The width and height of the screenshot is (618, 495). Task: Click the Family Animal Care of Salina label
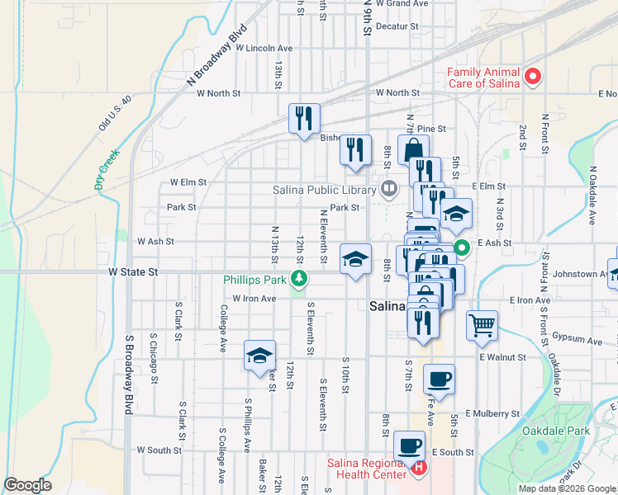(x=483, y=78)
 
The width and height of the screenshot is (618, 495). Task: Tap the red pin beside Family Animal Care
(x=533, y=78)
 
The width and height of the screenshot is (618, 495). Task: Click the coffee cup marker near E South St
(x=409, y=446)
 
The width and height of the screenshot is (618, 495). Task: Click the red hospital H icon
(x=419, y=468)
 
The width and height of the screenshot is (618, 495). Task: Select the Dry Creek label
(x=107, y=169)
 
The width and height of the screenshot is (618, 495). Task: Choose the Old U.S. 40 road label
(x=115, y=114)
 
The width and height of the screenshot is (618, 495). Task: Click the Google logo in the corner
(x=27, y=485)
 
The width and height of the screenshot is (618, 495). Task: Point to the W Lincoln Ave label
(x=264, y=48)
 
